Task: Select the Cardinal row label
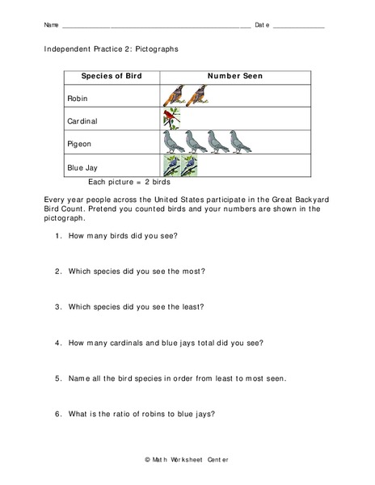click(x=83, y=121)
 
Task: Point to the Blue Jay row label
click(x=84, y=167)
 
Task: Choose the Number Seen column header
click(x=235, y=76)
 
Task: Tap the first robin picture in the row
click(x=173, y=96)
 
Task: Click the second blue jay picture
click(x=189, y=166)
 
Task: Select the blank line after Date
click(x=299, y=26)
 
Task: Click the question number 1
click(x=58, y=235)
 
